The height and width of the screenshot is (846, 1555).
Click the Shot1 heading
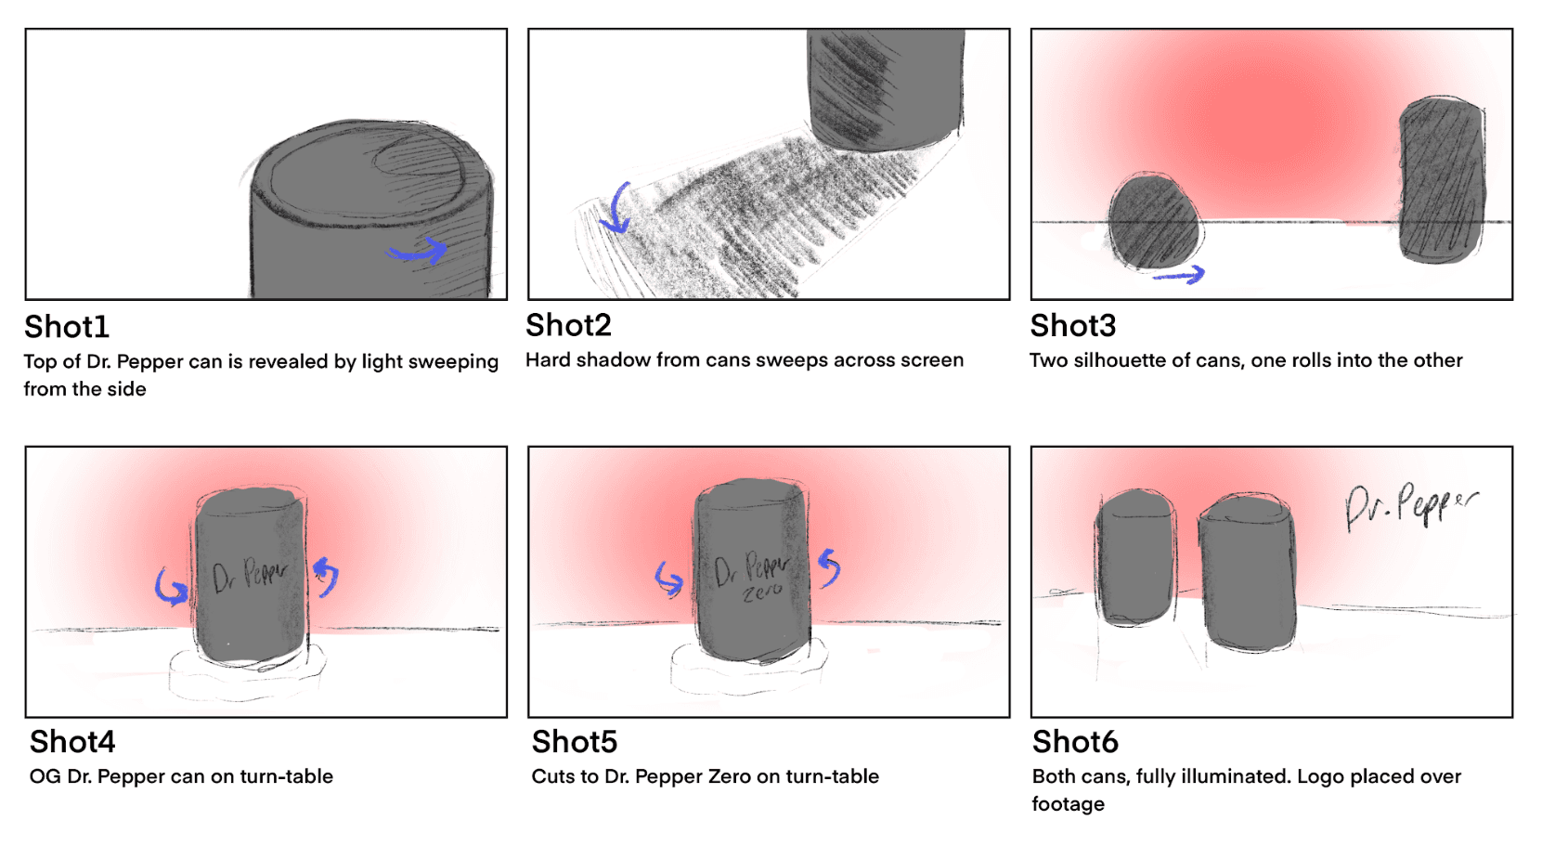click(67, 327)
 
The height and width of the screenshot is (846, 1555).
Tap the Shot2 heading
click(568, 325)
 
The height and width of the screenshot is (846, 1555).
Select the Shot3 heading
click(1072, 326)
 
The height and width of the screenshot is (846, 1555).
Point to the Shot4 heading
click(72, 742)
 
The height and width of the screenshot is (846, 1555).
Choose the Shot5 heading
click(574, 742)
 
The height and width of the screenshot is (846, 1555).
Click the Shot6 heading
click(1075, 742)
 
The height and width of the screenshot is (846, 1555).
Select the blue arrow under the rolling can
click(1179, 274)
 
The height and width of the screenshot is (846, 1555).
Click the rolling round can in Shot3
click(1154, 220)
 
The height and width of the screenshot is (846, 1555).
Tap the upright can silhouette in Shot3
click(1440, 180)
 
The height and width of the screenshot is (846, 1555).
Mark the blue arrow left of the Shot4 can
click(171, 587)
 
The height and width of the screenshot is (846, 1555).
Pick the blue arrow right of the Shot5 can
click(829, 566)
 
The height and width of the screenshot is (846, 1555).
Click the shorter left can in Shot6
click(1134, 559)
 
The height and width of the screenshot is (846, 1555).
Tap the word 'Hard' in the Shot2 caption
click(548, 359)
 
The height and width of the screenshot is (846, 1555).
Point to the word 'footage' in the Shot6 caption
click(1068, 804)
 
